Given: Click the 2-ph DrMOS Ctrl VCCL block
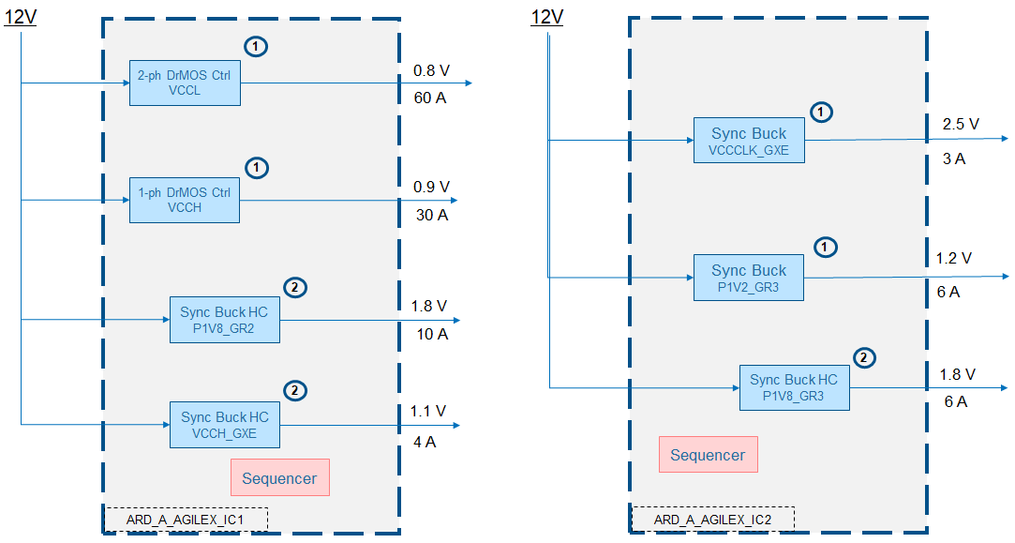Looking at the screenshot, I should coord(185,83).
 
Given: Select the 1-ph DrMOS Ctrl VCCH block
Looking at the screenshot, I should coord(185,200).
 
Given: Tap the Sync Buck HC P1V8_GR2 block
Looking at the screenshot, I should coord(224,319).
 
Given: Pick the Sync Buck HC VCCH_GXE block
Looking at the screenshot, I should coord(225,424).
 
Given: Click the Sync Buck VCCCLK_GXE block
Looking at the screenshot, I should coord(749,141).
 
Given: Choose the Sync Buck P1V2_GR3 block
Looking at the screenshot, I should coord(749,278).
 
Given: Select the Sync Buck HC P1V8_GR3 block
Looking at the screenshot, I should coord(794,387).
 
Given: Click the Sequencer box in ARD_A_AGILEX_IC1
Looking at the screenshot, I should coord(279,478).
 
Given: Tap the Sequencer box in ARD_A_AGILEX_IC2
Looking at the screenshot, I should coord(708,455).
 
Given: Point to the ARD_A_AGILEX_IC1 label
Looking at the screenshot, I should coord(186,520).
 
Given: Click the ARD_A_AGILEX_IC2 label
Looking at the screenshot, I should coord(712,520).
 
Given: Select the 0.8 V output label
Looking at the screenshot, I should coord(431,70).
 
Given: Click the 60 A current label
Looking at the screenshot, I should coord(429,98).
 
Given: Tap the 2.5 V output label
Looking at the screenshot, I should coord(961,124).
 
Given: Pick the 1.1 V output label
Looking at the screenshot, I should coord(428,411).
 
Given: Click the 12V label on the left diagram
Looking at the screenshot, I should coord(21,18).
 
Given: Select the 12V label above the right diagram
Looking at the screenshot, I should coord(547,18).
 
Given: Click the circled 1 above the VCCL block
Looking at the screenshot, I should coord(256,46).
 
